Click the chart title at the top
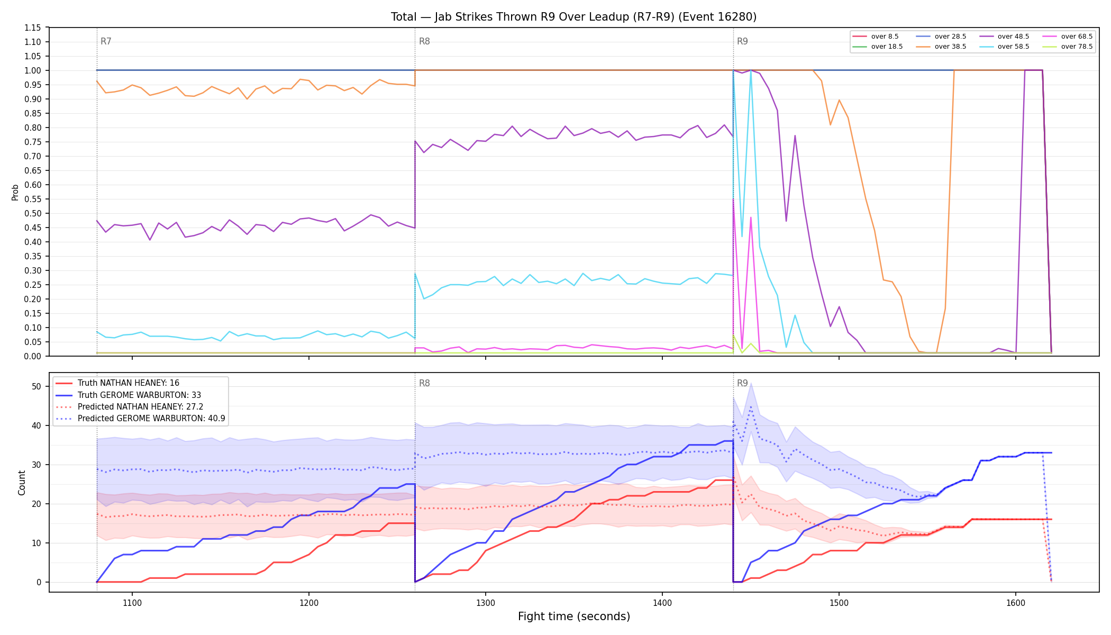tap(574, 17)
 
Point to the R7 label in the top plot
tap(106, 41)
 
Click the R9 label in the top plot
tap(742, 41)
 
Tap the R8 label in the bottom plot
tap(424, 383)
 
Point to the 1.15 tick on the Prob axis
tap(33, 28)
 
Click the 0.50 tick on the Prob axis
tap(33, 213)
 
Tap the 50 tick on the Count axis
tap(37, 386)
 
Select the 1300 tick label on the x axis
tap(486, 603)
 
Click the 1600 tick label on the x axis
tap(1015, 603)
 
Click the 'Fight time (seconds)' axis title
tap(574, 616)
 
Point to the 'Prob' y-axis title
tap(15, 192)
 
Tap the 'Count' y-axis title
tap(22, 483)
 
